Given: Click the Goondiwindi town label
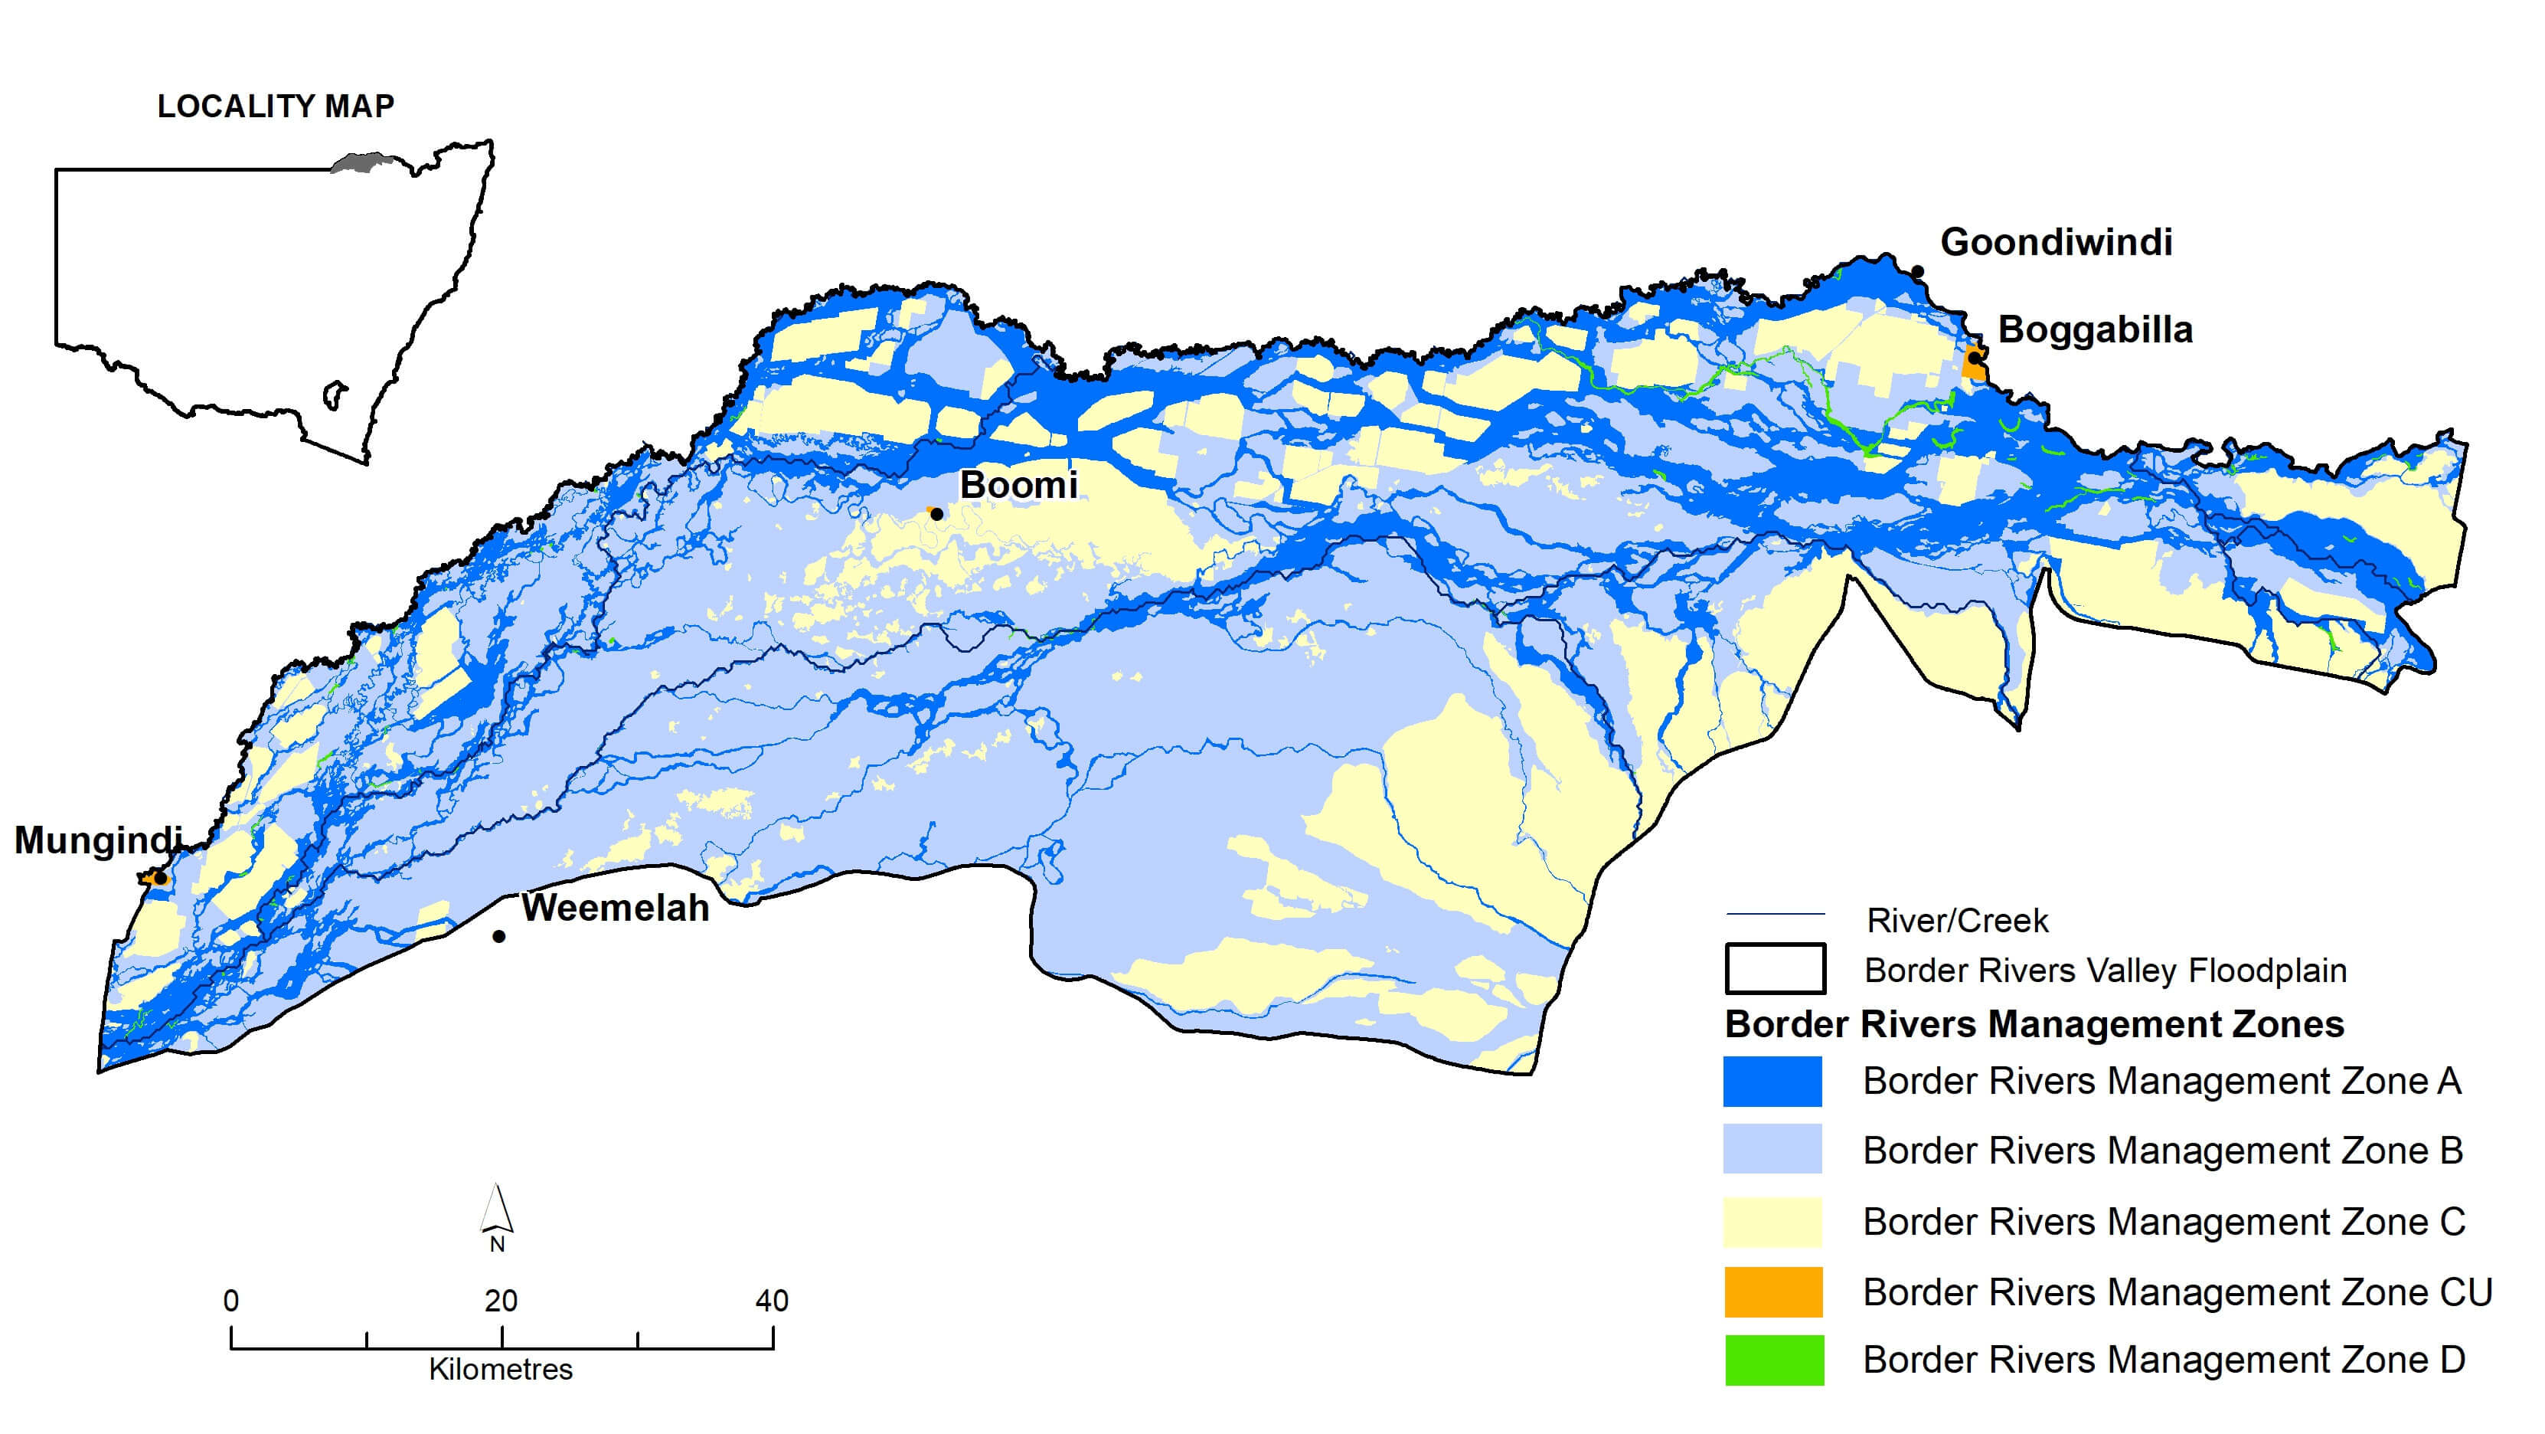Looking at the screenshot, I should click(x=2056, y=242).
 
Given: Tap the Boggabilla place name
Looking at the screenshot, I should click(x=2095, y=330).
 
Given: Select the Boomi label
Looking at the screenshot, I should click(x=1018, y=485).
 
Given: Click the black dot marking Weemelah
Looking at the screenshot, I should click(x=499, y=937).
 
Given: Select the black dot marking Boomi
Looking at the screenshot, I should click(x=936, y=514).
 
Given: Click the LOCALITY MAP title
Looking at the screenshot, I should click(x=276, y=106).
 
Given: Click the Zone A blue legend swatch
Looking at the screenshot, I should click(x=1772, y=1081).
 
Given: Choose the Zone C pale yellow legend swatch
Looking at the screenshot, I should click(x=1772, y=1223).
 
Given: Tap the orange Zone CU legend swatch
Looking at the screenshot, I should click(x=1772, y=1293).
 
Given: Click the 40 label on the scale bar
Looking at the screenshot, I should click(x=772, y=1301).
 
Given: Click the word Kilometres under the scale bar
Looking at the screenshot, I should click(x=500, y=1370).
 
